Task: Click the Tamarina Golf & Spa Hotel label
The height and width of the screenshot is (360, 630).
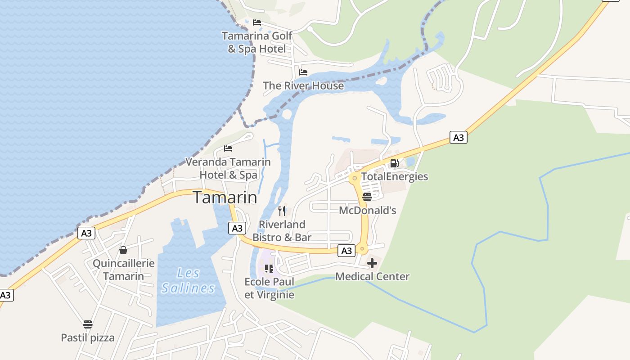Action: tap(257, 42)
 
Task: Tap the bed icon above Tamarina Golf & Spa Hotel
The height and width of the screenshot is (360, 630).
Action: tap(257, 22)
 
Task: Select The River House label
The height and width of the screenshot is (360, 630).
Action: tap(303, 85)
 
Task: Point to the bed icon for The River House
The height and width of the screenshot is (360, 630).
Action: tap(303, 72)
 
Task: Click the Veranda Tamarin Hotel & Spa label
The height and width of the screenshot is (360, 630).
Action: tap(228, 168)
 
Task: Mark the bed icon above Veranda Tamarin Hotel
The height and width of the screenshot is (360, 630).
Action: tap(228, 148)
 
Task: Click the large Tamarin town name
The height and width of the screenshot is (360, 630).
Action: tap(225, 198)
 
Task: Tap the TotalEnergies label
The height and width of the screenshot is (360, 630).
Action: tap(395, 176)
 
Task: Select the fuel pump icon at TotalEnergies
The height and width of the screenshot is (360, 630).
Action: tap(394, 163)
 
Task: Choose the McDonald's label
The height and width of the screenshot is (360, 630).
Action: tap(367, 210)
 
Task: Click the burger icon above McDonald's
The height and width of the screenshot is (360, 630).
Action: tap(367, 197)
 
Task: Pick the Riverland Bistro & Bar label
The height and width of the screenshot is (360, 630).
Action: tap(282, 230)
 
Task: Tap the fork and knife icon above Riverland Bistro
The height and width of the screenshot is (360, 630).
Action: tap(282, 211)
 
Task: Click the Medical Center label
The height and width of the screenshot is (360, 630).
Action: tap(372, 276)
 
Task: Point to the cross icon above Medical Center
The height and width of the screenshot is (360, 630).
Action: tap(372, 263)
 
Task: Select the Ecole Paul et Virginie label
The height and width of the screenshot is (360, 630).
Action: tap(269, 288)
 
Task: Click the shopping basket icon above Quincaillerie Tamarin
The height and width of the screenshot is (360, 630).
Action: tap(123, 250)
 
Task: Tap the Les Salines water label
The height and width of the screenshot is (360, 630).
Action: tap(188, 280)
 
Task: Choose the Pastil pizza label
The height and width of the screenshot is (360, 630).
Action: tap(88, 337)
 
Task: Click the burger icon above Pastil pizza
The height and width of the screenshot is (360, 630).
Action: tap(88, 324)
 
